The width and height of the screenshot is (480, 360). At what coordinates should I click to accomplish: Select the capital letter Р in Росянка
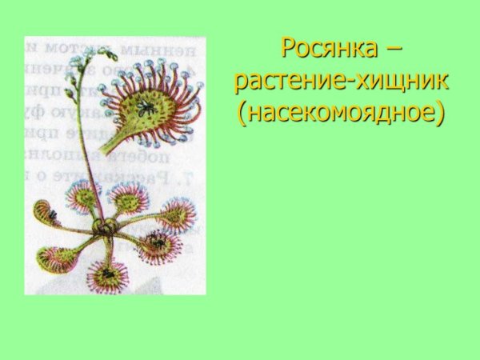[x=288, y=48]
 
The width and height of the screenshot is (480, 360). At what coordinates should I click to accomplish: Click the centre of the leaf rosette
[x=104, y=228]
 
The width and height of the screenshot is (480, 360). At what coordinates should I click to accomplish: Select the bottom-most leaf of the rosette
[x=108, y=276]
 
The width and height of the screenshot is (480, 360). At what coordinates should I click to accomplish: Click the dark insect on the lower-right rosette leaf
[x=157, y=241]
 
